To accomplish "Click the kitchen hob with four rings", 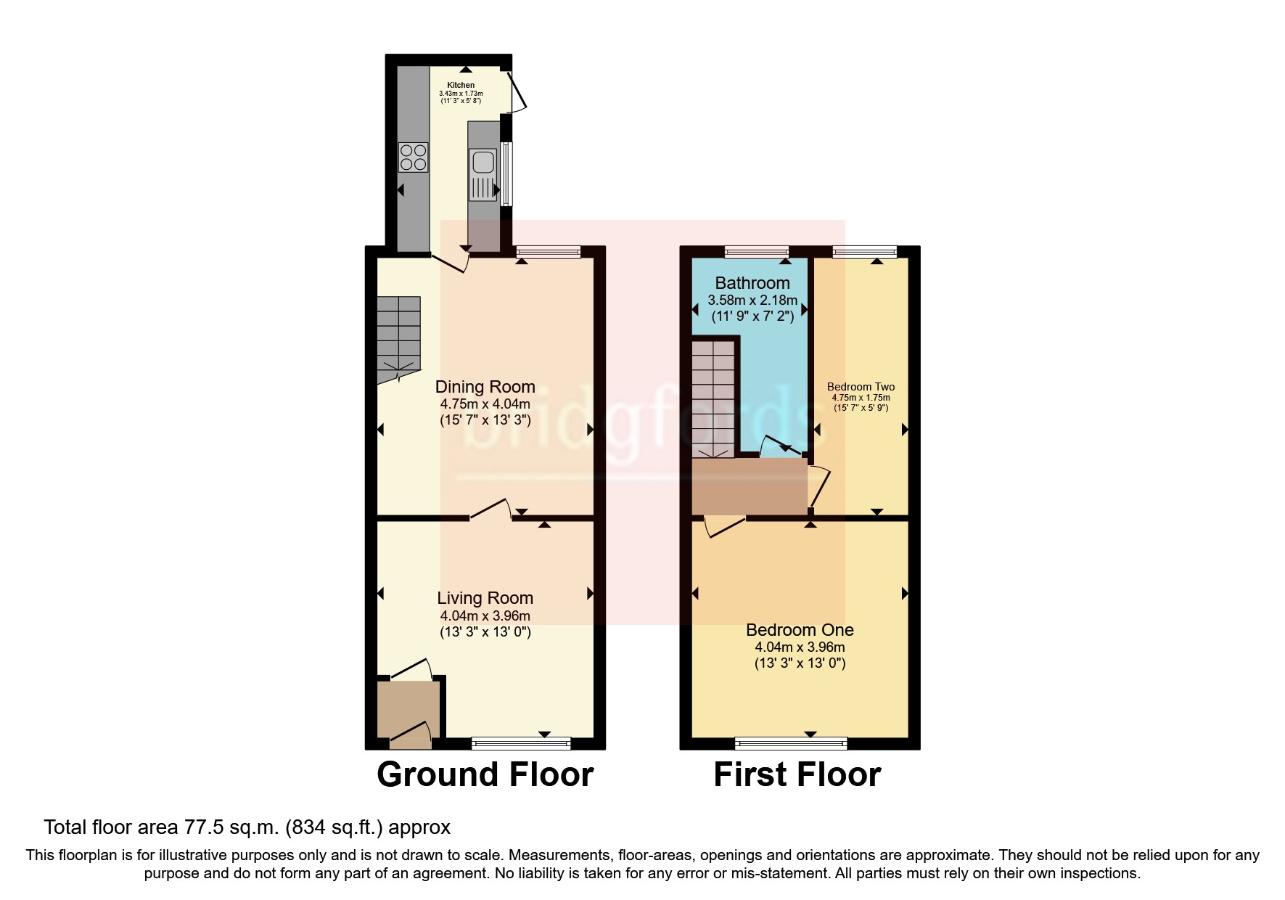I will [x=413, y=157].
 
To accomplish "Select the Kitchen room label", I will [x=461, y=85].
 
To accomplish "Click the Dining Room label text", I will [x=485, y=387].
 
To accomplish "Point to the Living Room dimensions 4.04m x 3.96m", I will [x=485, y=615].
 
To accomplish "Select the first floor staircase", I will [x=714, y=399].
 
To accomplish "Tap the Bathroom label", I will [x=752, y=283].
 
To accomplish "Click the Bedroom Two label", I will [x=861, y=387].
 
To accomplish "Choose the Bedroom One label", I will [x=800, y=630].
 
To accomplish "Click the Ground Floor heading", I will [x=485, y=774].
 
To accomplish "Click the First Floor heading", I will [x=797, y=774].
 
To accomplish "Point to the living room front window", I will [x=521, y=742].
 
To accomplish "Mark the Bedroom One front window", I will [x=791, y=742].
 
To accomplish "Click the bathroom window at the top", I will [x=757, y=252].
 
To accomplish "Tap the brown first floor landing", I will [x=750, y=486].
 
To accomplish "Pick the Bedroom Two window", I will [x=864, y=252].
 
